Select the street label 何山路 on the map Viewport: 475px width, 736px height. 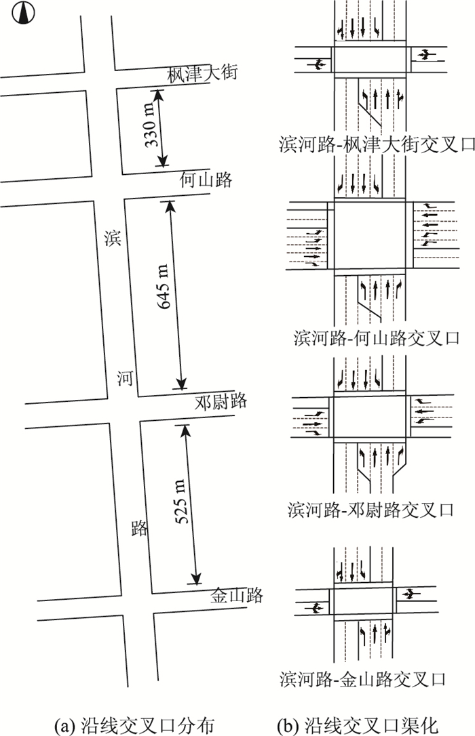pos(206,180)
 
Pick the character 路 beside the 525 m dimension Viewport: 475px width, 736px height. pos(139,529)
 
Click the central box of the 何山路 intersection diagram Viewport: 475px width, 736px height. pos(370,235)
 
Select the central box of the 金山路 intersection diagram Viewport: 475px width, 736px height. pos(362,601)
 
